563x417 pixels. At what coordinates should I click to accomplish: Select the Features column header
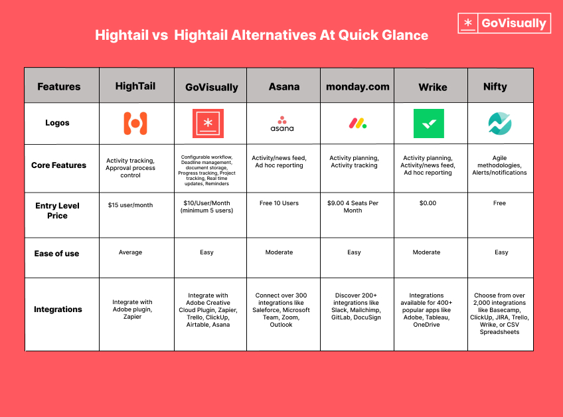click(x=58, y=86)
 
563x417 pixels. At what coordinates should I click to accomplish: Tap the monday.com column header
click(x=357, y=86)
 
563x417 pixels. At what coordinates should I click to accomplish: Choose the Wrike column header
click(x=432, y=87)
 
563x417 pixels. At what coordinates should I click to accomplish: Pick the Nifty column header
click(x=495, y=86)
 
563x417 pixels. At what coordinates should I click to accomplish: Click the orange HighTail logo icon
click(x=135, y=124)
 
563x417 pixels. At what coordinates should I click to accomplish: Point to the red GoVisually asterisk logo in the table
click(x=208, y=124)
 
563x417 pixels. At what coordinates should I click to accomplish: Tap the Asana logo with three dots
click(x=282, y=124)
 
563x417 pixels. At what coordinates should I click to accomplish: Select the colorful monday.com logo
click(x=357, y=124)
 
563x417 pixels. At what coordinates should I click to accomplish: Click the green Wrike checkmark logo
click(x=428, y=124)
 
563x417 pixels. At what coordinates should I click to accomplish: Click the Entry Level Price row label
click(x=57, y=210)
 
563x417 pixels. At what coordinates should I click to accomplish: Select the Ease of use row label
click(x=56, y=254)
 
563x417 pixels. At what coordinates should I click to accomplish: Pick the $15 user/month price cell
click(x=130, y=205)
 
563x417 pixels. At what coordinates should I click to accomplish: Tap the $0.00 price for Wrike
click(x=428, y=203)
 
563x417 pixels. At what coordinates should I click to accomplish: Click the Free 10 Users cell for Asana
click(x=281, y=203)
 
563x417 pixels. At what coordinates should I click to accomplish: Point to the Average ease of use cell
click(x=130, y=252)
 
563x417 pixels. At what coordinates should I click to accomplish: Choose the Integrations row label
click(x=58, y=309)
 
